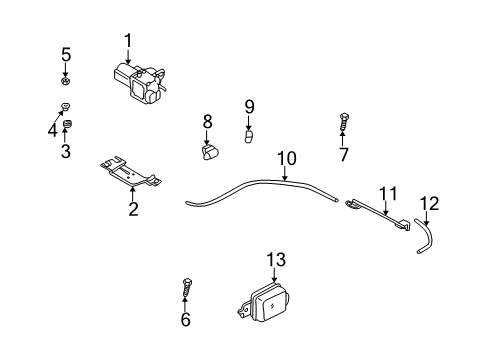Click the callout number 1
[128, 41]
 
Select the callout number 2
[131, 208]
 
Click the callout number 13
[276, 259]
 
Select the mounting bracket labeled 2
[131, 173]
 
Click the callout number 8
[208, 121]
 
